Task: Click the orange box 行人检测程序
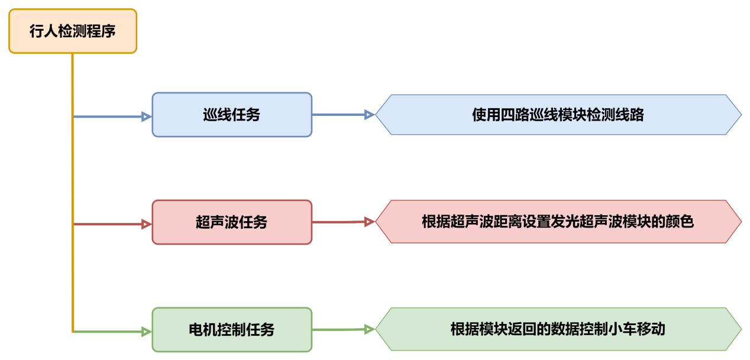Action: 73,31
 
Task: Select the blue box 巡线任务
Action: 232,115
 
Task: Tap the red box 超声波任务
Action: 232,222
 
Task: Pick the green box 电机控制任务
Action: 232,330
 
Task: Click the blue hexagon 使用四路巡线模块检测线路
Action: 558,115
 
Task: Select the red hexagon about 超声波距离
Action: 558,222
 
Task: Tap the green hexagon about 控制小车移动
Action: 558,329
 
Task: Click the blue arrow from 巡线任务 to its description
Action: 340,115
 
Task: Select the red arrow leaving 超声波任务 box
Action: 340,222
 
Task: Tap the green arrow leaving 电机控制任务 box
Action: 340,330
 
